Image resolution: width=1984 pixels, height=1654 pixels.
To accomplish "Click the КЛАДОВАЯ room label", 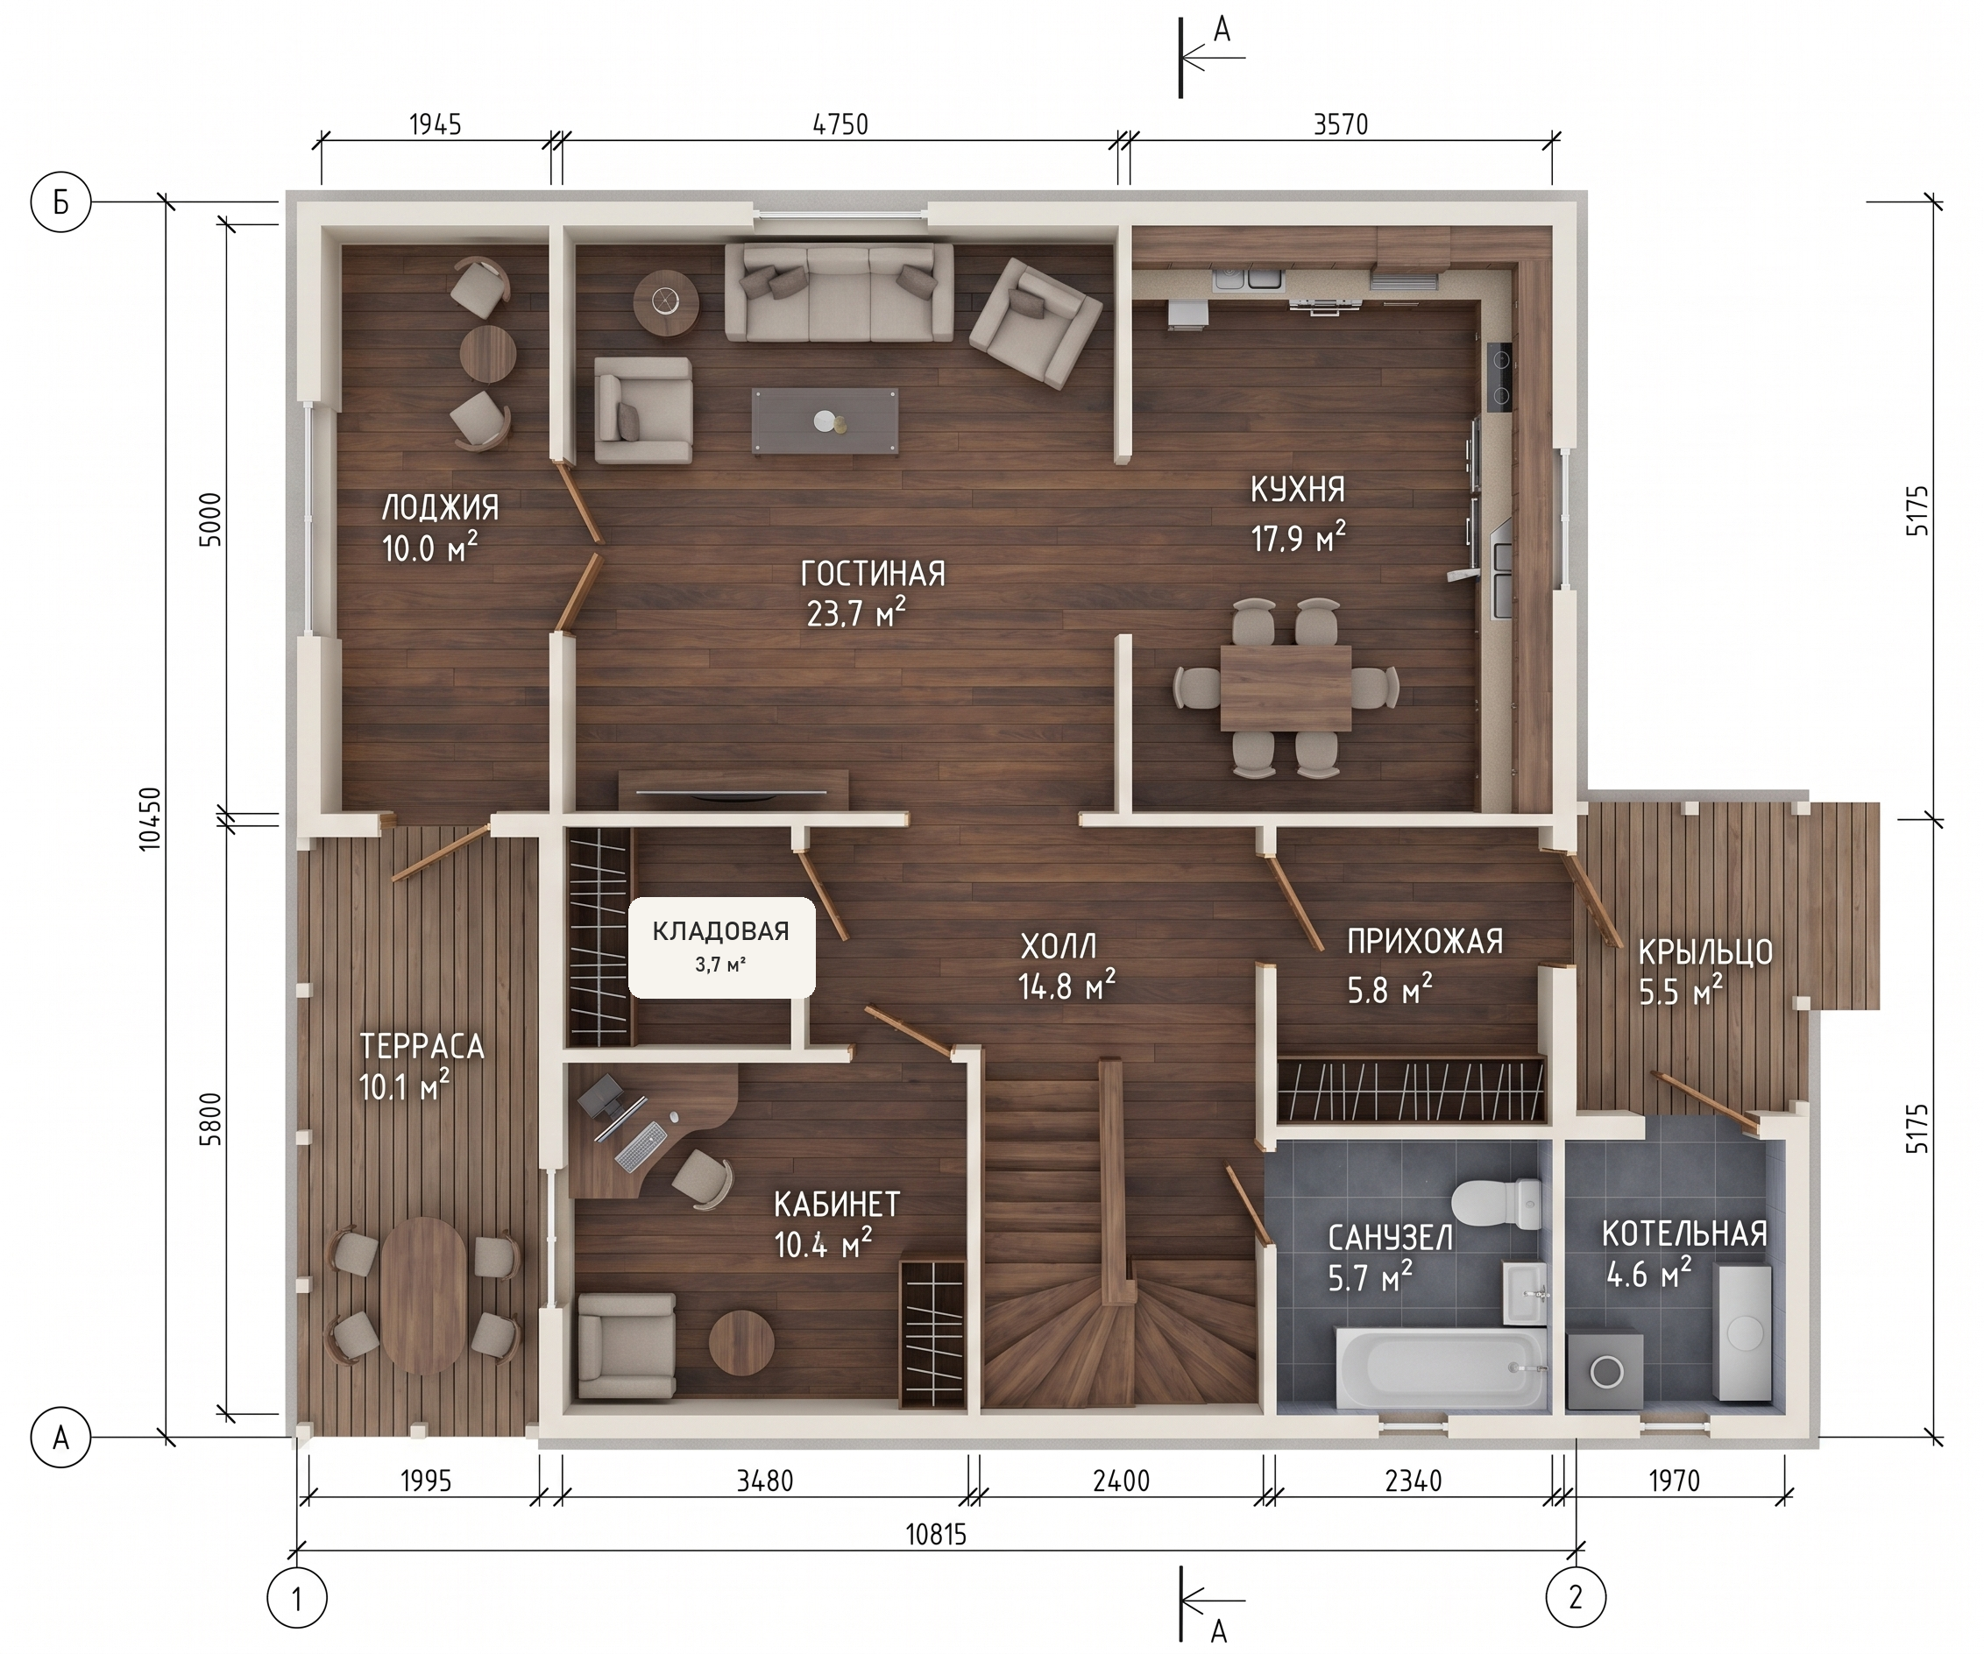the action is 721,932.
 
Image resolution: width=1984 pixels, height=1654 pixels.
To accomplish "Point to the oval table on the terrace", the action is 422,1295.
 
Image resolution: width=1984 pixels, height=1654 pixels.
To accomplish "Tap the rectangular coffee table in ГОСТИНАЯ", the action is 825,421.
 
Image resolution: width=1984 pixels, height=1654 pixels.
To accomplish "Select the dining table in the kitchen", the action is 1286,688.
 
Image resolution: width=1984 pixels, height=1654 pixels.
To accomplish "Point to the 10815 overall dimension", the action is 936,1534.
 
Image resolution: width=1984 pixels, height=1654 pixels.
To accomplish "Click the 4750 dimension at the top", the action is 840,124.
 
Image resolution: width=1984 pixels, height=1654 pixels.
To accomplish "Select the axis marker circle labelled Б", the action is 61,201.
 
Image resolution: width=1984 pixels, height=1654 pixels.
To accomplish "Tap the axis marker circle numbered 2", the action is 1576,1597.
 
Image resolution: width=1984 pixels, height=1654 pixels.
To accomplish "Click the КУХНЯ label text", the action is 1298,490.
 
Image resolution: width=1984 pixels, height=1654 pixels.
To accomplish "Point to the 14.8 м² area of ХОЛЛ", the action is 1066,986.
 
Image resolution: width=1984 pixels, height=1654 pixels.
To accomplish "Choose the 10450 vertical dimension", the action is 149,819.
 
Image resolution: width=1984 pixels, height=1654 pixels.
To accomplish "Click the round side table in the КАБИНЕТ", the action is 741,1342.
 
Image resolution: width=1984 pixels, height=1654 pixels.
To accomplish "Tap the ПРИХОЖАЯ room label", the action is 1425,942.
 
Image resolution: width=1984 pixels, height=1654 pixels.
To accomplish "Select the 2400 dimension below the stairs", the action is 1122,1481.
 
